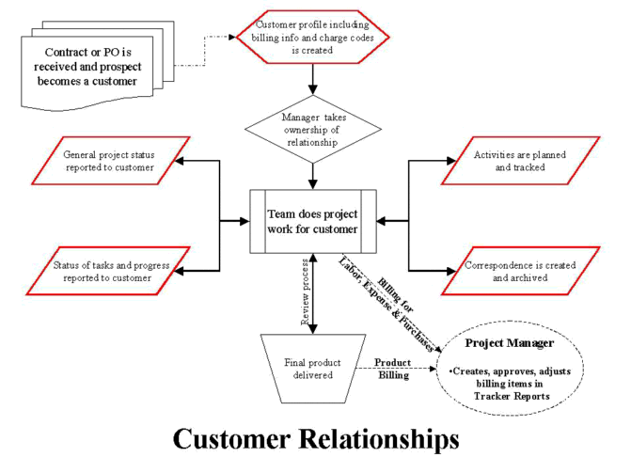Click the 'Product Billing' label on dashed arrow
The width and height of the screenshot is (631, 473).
[x=393, y=369]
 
